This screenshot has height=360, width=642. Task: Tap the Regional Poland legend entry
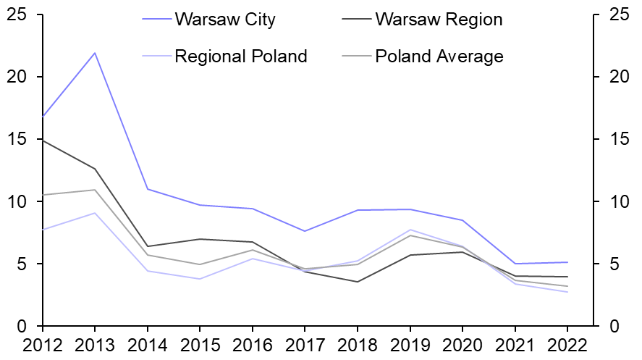tap(241, 56)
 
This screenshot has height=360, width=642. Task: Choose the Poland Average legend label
tap(439, 56)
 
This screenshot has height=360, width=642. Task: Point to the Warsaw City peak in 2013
tap(95, 53)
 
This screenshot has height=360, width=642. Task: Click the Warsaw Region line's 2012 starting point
tap(43, 140)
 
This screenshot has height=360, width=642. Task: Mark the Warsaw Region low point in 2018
tap(358, 282)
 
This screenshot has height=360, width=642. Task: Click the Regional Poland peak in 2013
tap(95, 213)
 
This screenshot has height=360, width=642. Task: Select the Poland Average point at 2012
tap(43, 195)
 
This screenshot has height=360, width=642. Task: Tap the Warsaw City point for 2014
tap(148, 189)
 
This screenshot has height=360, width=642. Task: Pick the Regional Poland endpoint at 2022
tap(567, 292)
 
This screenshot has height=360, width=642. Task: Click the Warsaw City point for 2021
tap(515, 264)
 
